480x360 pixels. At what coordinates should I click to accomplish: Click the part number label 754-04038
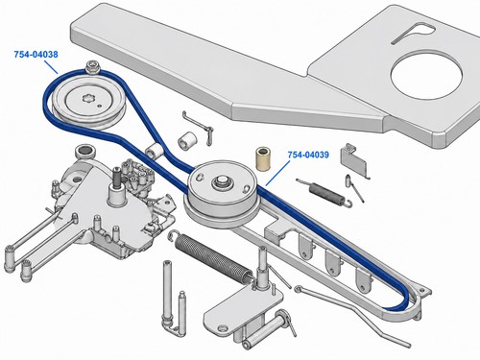36,55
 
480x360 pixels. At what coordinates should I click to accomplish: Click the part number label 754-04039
308,155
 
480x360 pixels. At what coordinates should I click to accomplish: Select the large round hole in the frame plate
426,77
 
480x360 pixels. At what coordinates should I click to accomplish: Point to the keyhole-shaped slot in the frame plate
413,33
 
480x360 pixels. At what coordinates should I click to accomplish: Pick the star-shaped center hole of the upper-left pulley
88,98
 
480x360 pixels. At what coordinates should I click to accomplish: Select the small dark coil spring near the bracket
324,193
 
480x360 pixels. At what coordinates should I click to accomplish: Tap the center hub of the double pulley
222,182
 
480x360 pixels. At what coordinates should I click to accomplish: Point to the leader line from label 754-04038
51,66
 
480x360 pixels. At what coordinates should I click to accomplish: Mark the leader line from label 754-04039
277,173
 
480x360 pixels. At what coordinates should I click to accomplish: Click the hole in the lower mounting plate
223,327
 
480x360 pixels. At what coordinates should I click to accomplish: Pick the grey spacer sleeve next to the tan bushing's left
187,139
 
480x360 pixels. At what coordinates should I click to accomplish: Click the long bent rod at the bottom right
353,313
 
